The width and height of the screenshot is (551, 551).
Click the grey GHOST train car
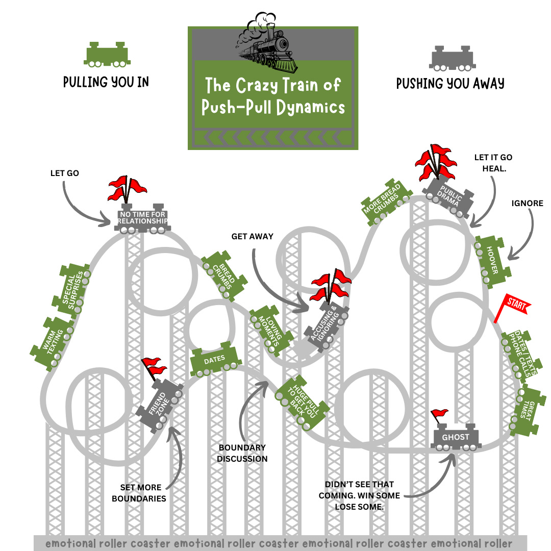(456, 437)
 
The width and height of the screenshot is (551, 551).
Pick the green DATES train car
(215, 360)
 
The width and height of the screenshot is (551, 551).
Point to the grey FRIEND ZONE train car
(159, 405)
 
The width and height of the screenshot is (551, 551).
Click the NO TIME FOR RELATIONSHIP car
(142, 218)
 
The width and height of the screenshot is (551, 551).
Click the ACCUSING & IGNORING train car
(327, 327)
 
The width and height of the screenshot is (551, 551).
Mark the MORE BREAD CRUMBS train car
(386, 202)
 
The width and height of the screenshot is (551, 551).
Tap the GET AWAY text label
(253, 237)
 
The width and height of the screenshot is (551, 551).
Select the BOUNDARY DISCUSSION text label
(242, 453)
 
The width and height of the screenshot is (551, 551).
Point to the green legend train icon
(107, 55)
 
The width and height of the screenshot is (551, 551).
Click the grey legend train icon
(452, 58)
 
